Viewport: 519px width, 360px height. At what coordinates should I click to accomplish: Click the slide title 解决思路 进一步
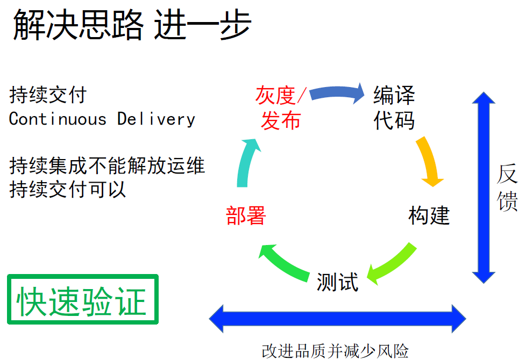132,25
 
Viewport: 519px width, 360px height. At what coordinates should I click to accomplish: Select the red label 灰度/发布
281,107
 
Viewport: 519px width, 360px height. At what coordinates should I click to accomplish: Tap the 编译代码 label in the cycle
394,107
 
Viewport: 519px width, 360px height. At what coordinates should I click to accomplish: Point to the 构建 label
429,215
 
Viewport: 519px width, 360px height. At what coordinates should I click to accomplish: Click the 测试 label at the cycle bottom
337,282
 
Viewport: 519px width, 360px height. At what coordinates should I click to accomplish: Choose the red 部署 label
246,215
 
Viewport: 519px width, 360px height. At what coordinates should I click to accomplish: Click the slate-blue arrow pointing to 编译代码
336,92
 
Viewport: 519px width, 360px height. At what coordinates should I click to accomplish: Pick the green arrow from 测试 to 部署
284,264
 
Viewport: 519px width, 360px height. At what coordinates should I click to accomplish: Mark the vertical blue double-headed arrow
484,188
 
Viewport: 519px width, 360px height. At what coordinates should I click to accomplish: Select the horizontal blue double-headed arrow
337,319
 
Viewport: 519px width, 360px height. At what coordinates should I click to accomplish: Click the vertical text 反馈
507,187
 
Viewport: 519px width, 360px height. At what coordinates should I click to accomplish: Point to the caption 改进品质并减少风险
335,351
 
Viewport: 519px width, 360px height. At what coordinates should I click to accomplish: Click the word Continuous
58,119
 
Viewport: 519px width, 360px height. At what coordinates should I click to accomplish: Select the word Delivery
156,119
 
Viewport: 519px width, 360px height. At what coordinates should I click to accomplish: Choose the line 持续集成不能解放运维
107,165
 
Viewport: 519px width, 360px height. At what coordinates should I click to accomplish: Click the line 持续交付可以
68,190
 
